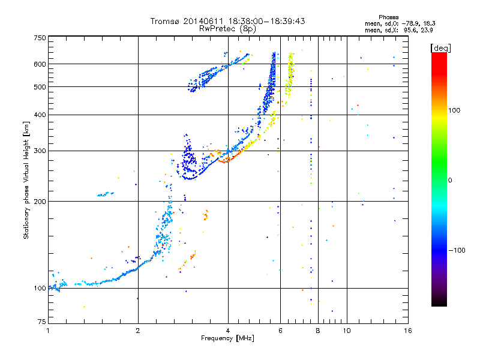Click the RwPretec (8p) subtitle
coord(227,29)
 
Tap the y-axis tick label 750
coord(40,38)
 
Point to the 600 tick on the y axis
coord(40,64)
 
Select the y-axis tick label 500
coord(40,87)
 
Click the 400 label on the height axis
coord(40,115)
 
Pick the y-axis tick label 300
coord(40,151)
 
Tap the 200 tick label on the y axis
coord(40,202)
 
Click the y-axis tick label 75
coord(42,322)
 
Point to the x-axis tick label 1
coord(48,331)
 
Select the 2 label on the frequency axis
coord(138,331)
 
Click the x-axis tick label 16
coord(408,331)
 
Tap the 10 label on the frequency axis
coord(347,331)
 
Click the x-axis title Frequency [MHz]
coord(227,338)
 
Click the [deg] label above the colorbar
coord(440,48)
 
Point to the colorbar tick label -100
coord(457,250)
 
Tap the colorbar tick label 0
coord(450,181)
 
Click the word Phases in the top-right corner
coord(388,17)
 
